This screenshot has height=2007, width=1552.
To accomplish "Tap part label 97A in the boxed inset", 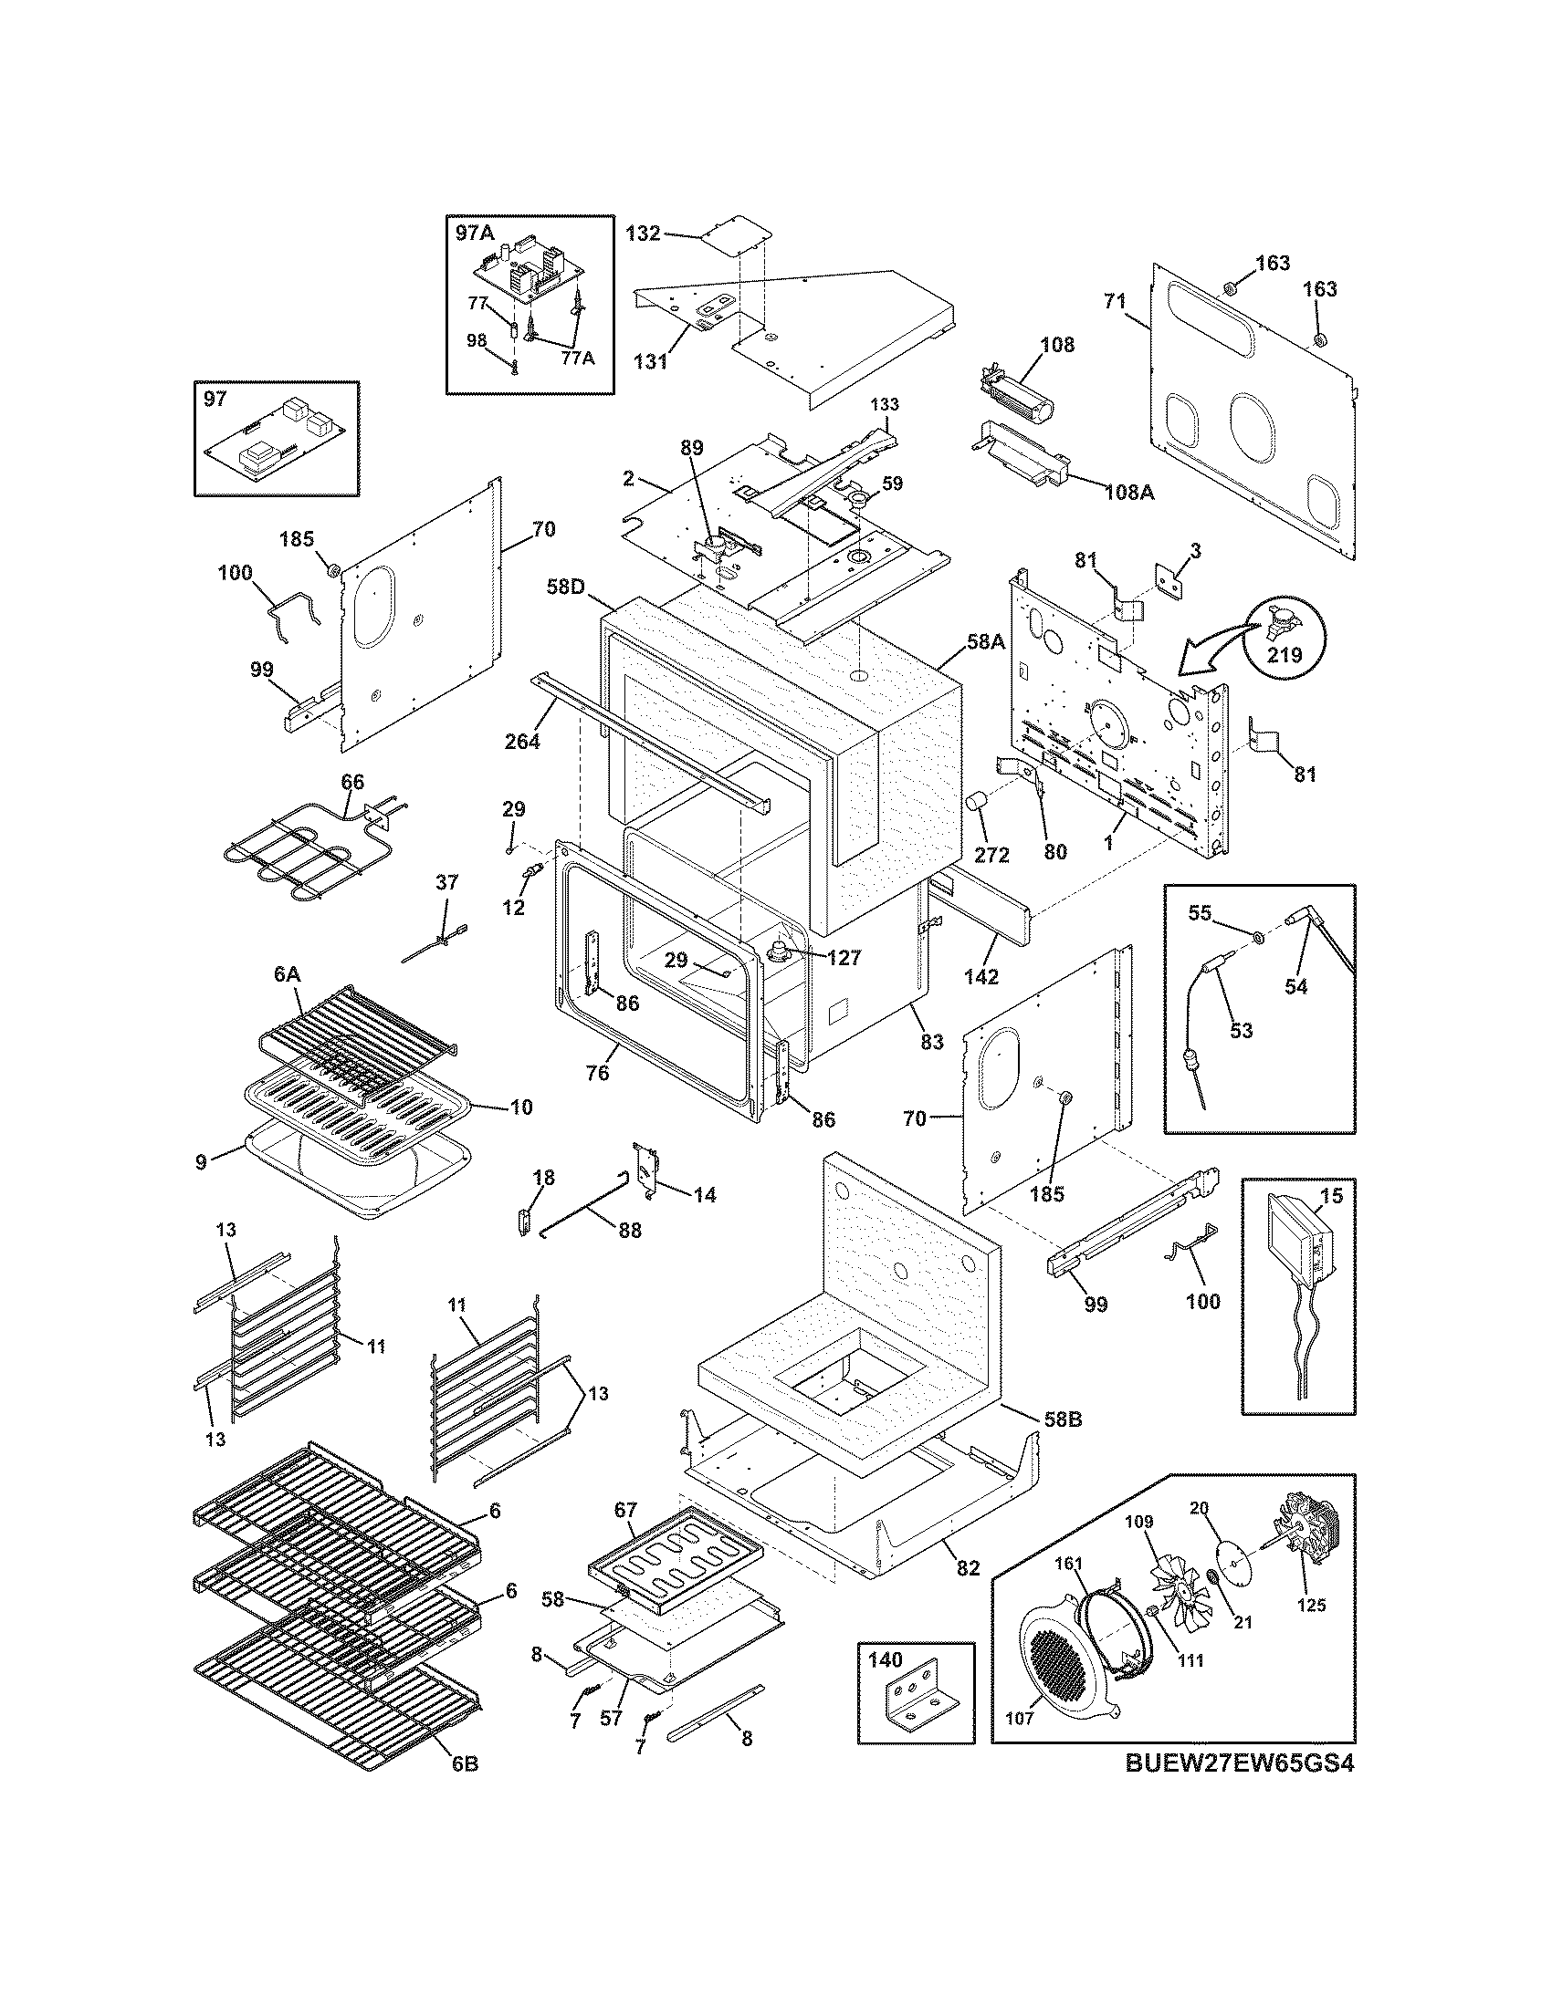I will tap(475, 233).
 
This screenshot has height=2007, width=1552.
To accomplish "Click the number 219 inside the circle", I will tap(1285, 655).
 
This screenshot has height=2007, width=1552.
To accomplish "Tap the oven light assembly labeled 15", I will tap(1297, 1253).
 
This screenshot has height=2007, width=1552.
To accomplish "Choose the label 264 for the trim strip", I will tap(521, 739).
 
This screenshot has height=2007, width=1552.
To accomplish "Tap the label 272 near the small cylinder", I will tap(991, 855).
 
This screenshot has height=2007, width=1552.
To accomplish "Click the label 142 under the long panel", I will tap(980, 977).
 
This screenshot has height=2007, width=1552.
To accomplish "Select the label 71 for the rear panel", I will tap(1115, 300).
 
